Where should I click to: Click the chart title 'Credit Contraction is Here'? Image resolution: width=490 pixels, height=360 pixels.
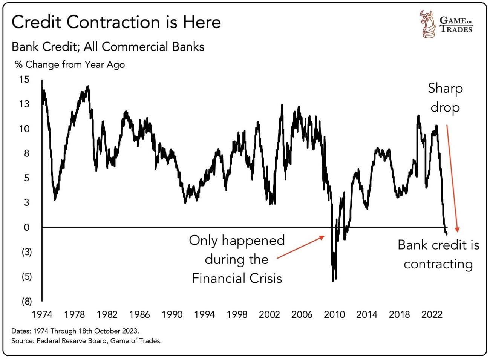coord(116,22)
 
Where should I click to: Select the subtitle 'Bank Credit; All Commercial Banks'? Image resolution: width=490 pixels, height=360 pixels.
coord(108,47)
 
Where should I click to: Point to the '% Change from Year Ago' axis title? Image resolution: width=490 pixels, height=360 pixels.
coord(70,65)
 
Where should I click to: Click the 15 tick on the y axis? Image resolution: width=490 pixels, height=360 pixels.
coord(24,80)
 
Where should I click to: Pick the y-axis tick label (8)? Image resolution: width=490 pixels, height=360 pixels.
coord(26,301)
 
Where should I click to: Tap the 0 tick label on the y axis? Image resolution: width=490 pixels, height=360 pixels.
coord(26,227)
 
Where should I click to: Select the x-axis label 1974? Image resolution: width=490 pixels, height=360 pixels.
coord(42,314)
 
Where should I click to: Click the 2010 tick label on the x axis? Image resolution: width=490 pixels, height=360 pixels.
coord(334,314)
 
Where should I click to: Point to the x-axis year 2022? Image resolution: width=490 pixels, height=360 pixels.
coord(432,314)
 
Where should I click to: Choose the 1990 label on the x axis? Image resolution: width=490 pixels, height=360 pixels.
coord(172,314)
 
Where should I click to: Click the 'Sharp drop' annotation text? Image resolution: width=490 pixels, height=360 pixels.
coord(445,98)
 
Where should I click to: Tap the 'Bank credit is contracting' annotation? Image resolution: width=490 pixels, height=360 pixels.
coord(438,254)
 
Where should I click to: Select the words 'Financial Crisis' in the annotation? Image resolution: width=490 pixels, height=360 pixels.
coord(237,279)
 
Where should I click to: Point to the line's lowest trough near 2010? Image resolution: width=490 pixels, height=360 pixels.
coord(333,281)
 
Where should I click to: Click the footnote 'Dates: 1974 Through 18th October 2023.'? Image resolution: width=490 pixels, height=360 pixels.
coord(75,331)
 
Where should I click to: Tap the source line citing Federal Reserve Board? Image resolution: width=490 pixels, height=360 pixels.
coord(86,341)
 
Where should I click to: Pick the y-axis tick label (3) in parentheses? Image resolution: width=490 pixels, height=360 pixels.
coord(26,252)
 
